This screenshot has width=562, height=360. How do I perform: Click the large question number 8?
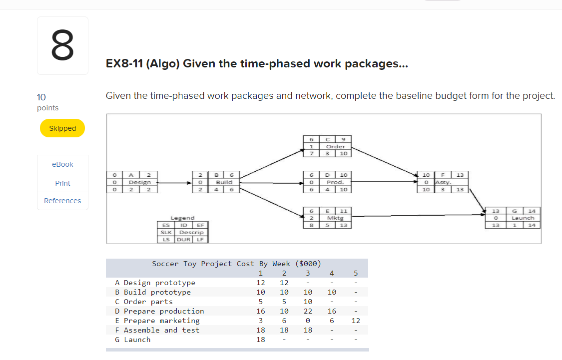pyautogui.click(x=62, y=45)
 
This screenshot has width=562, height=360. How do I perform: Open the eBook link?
pyautogui.click(x=62, y=164)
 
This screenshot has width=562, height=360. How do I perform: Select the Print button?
pyautogui.click(x=62, y=183)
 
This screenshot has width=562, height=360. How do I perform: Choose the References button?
pyautogui.click(x=62, y=201)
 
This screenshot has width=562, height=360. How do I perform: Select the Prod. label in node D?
pyautogui.click(x=335, y=182)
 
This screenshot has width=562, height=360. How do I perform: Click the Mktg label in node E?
pyautogui.click(x=335, y=218)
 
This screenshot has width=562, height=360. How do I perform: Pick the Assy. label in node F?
pyautogui.click(x=443, y=182)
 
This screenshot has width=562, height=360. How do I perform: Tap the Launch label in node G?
pyautogui.click(x=523, y=218)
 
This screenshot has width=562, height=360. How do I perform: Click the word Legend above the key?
pyautogui.click(x=182, y=218)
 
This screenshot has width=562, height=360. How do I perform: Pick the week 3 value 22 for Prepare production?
pyautogui.click(x=308, y=311)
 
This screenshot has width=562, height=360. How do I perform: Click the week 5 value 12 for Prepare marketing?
pyautogui.click(x=355, y=321)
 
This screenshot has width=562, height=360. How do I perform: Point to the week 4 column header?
pyautogui.click(x=332, y=273)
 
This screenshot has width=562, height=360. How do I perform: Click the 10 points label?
pyautogui.click(x=47, y=102)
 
